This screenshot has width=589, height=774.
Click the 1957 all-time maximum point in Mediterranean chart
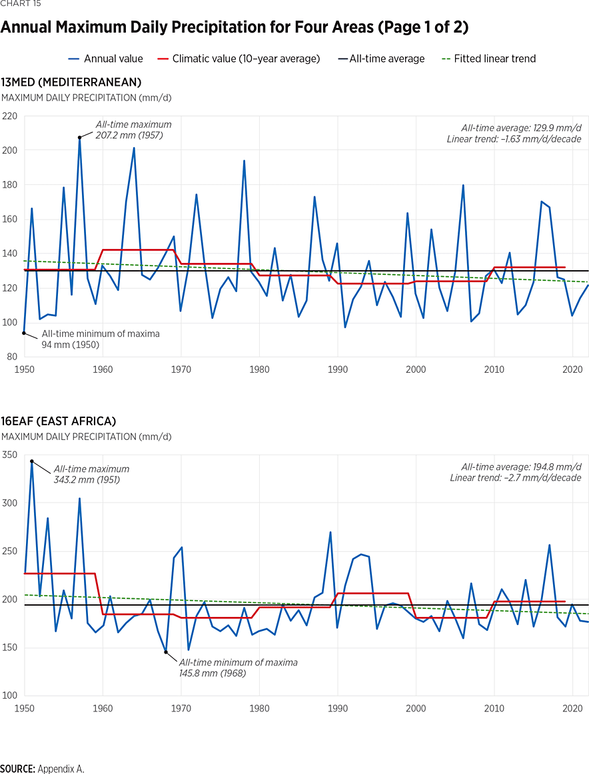point(79,138)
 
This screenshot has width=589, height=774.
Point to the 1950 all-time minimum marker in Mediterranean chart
point(24,333)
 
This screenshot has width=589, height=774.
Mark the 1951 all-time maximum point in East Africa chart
point(32,461)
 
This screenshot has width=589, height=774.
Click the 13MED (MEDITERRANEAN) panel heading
point(71,83)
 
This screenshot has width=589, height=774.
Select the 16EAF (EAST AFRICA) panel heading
point(59,421)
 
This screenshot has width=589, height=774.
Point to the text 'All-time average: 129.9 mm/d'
point(521,128)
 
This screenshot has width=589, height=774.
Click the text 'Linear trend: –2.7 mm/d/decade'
point(515,478)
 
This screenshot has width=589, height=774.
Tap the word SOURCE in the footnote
point(17,769)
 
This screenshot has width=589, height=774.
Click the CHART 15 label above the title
point(20,4)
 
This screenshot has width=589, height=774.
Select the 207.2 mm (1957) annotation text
point(129,135)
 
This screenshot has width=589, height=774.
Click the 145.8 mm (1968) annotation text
point(212,673)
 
